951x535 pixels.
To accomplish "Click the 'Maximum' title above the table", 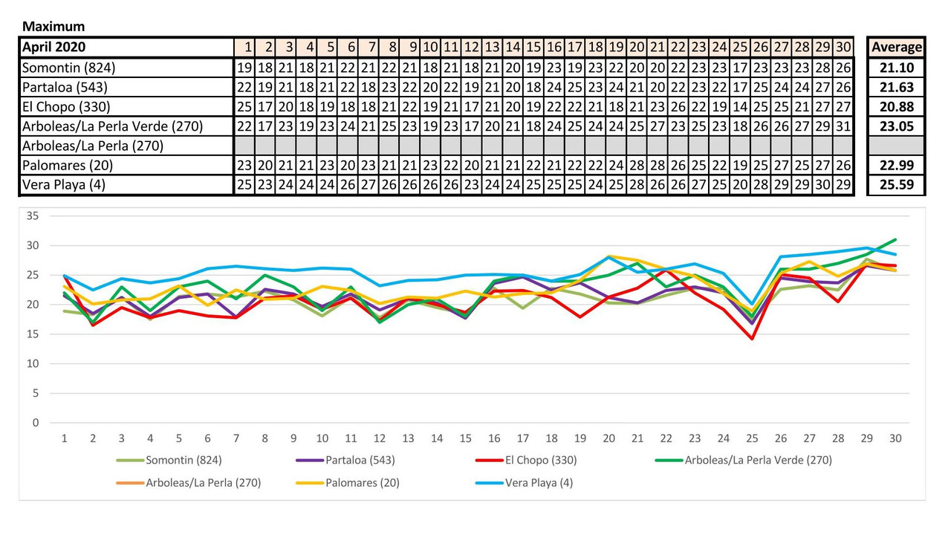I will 53,27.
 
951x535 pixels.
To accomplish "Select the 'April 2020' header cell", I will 53,47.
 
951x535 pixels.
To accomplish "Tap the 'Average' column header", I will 897,47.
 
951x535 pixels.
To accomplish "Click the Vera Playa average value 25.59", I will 897,185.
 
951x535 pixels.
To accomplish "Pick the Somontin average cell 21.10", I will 897,68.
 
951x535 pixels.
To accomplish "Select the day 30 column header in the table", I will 843,47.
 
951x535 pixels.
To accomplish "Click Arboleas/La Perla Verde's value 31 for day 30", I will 843,126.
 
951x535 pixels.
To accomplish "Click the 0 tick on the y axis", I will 34,423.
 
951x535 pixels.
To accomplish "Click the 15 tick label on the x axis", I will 465,438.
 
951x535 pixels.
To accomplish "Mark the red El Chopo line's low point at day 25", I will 752,339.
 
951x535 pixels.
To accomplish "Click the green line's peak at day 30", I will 895,240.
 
